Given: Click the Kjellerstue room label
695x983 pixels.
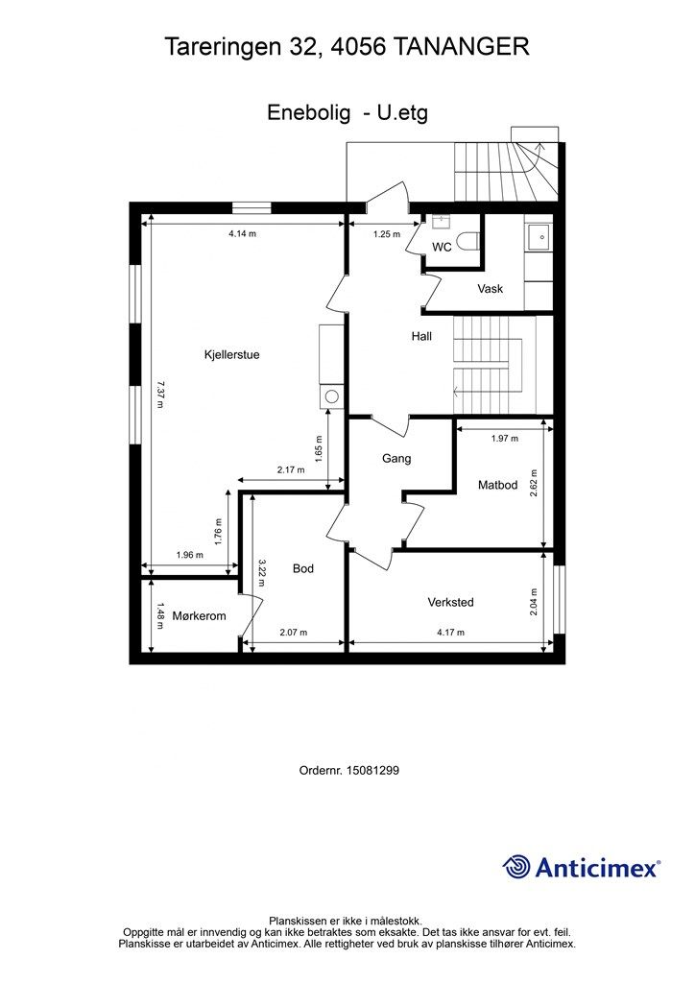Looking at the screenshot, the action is point(232,355).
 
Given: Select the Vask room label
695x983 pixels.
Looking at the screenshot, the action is point(491,289).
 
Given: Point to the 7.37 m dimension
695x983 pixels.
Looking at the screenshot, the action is point(160,395).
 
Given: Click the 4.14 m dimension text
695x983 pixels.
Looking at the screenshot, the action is point(243,234).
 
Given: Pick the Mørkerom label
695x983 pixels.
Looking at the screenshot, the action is point(200,616).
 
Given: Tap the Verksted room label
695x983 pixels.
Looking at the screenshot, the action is point(450,603).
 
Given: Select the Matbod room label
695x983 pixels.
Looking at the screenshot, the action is point(497,485).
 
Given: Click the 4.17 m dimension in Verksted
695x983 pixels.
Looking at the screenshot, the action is point(450,633).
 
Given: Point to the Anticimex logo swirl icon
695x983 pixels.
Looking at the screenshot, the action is point(515,867).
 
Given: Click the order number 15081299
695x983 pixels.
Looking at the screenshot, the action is point(372,770).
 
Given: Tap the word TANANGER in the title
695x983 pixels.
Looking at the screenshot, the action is point(461,46).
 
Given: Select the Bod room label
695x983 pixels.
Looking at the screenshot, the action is point(303,568).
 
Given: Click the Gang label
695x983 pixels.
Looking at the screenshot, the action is point(396,459).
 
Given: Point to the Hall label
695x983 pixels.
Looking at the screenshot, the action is point(421,337).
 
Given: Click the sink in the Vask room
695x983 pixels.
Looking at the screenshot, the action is point(539,237).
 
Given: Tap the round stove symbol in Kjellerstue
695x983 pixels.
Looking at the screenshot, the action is point(332,396).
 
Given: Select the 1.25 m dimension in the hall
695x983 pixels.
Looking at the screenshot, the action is point(387,234).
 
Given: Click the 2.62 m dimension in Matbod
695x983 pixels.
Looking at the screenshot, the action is point(534,484).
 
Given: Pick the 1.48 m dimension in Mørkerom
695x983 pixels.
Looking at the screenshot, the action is point(160,615).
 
